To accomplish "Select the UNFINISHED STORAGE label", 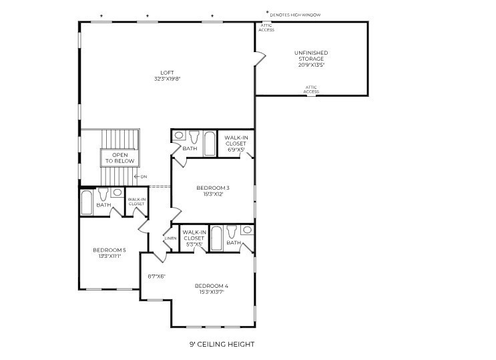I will pos(311,55).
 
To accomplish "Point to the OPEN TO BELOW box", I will pos(119,158).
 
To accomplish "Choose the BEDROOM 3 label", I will pos(213,188).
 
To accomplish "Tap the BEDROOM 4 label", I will pos(212,286).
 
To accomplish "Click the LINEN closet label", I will pos(170,238).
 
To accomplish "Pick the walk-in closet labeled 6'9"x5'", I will pos(236,143).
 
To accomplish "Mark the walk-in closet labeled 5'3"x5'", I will pos(193,237).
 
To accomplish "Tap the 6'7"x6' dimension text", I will pos(156,276).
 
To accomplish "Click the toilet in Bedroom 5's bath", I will pos(103,194).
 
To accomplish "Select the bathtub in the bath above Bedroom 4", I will pos(216,238).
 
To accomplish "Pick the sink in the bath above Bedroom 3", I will pos(179,136).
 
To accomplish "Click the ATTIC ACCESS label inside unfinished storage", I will pos(311,89).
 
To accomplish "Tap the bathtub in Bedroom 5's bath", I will pos(87,202).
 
